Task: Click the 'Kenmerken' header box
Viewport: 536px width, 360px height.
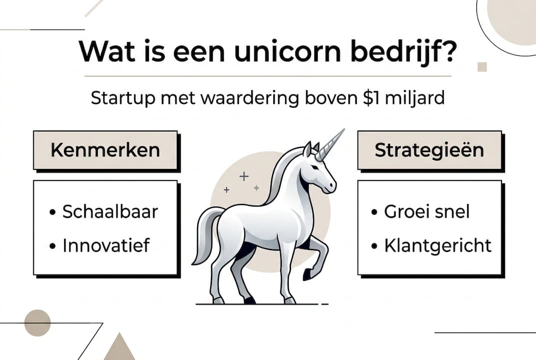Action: pyautogui.click(x=105, y=150)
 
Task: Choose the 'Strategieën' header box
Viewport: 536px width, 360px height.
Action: pyautogui.click(x=429, y=150)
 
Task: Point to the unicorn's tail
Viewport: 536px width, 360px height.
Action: pyautogui.click(x=204, y=235)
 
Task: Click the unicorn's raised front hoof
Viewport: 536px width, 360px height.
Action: pyautogui.click(x=307, y=274)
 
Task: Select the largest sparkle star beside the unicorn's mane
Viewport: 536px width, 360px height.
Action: pyautogui.click(x=244, y=176)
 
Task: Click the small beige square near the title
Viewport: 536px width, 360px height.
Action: pyautogui.click(x=482, y=67)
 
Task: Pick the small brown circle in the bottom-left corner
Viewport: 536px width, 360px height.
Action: pyautogui.click(x=37, y=322)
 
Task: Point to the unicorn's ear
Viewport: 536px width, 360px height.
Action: pyautogui.click(x=308, y=148)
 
